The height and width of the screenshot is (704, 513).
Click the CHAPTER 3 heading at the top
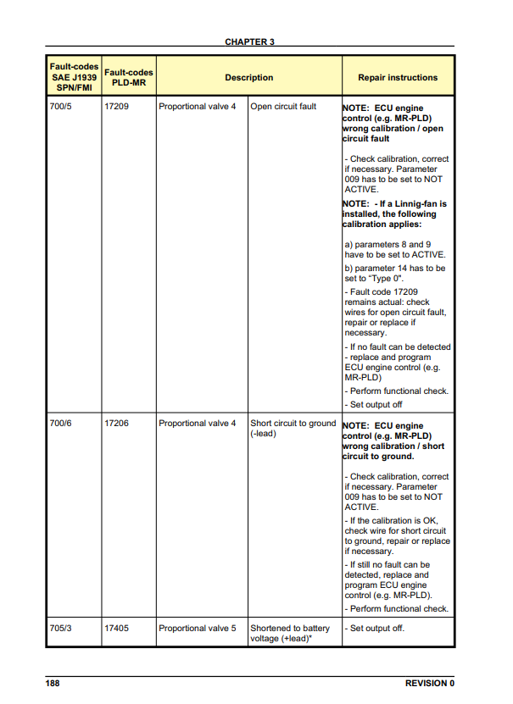tap(249, 42)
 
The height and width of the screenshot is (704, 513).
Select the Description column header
tap(248, 78)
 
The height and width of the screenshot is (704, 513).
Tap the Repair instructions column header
tap(398, 78)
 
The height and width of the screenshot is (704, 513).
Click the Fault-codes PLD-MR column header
tap(127, 78)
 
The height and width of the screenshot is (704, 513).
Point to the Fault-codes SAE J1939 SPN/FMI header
tap(74, 77)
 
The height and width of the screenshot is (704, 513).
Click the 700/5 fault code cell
tap(61, 108)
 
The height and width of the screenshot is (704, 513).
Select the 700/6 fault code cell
tap(61, 424)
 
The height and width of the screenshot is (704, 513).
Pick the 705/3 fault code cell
tap(61, 629)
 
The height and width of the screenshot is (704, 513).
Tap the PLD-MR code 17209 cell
tap(116, 108)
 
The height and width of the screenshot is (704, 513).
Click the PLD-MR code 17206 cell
tap(116, 424)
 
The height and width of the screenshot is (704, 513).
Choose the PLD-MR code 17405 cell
tap(116, 629)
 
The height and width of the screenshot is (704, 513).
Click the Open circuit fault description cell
tap(283, 108)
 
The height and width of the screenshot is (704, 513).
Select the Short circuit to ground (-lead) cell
tap(293, 429)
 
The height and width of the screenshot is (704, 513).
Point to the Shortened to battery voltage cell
tap(290, 634)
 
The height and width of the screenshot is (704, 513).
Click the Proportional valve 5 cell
tap(197, 629)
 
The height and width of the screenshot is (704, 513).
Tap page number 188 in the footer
tap(53, 683)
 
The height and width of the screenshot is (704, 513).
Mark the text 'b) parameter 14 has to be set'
tap(394, 273)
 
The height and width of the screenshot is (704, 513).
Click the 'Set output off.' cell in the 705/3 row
tap(375, 629)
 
